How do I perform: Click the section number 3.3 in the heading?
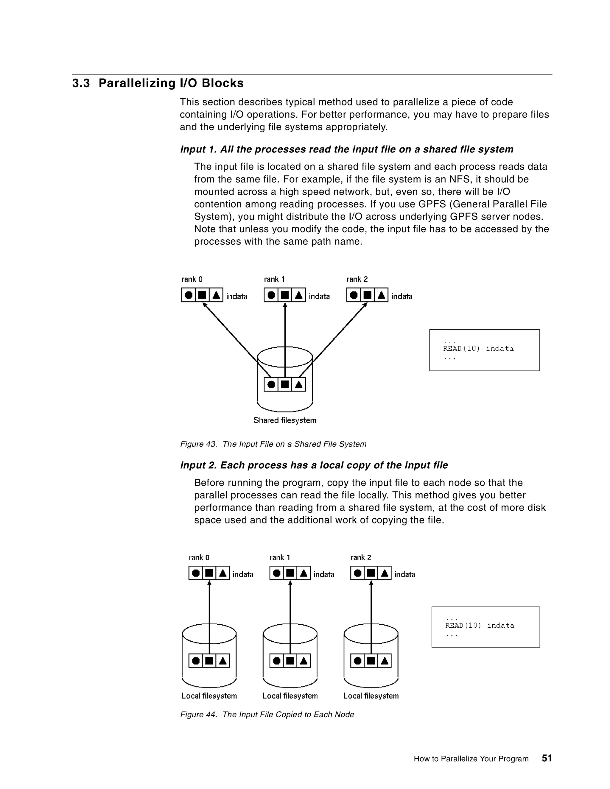click(x=81, y=83)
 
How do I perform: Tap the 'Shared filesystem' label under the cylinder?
click(x=284, y=420)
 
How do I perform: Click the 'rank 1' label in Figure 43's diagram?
click(x=274, y=279)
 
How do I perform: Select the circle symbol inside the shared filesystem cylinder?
click(x=271, y=384)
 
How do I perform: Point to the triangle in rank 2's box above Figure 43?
click(x=381, y=295)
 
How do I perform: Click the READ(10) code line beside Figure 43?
click(x=478, y=349)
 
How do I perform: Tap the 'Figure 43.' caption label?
click(x=198, y=444)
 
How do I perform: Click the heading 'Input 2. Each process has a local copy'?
click(x=314, y=465)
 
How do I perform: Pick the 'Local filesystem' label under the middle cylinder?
click(x=290, y=696)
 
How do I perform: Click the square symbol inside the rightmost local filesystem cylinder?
click(x=371, y=661)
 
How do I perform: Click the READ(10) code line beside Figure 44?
click(x=479, y=625)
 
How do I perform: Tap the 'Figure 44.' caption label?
click(x=198, y=714)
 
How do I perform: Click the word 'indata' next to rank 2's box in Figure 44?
click(x=404, y=574)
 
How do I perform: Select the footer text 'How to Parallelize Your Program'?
click(x=471, y=759)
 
